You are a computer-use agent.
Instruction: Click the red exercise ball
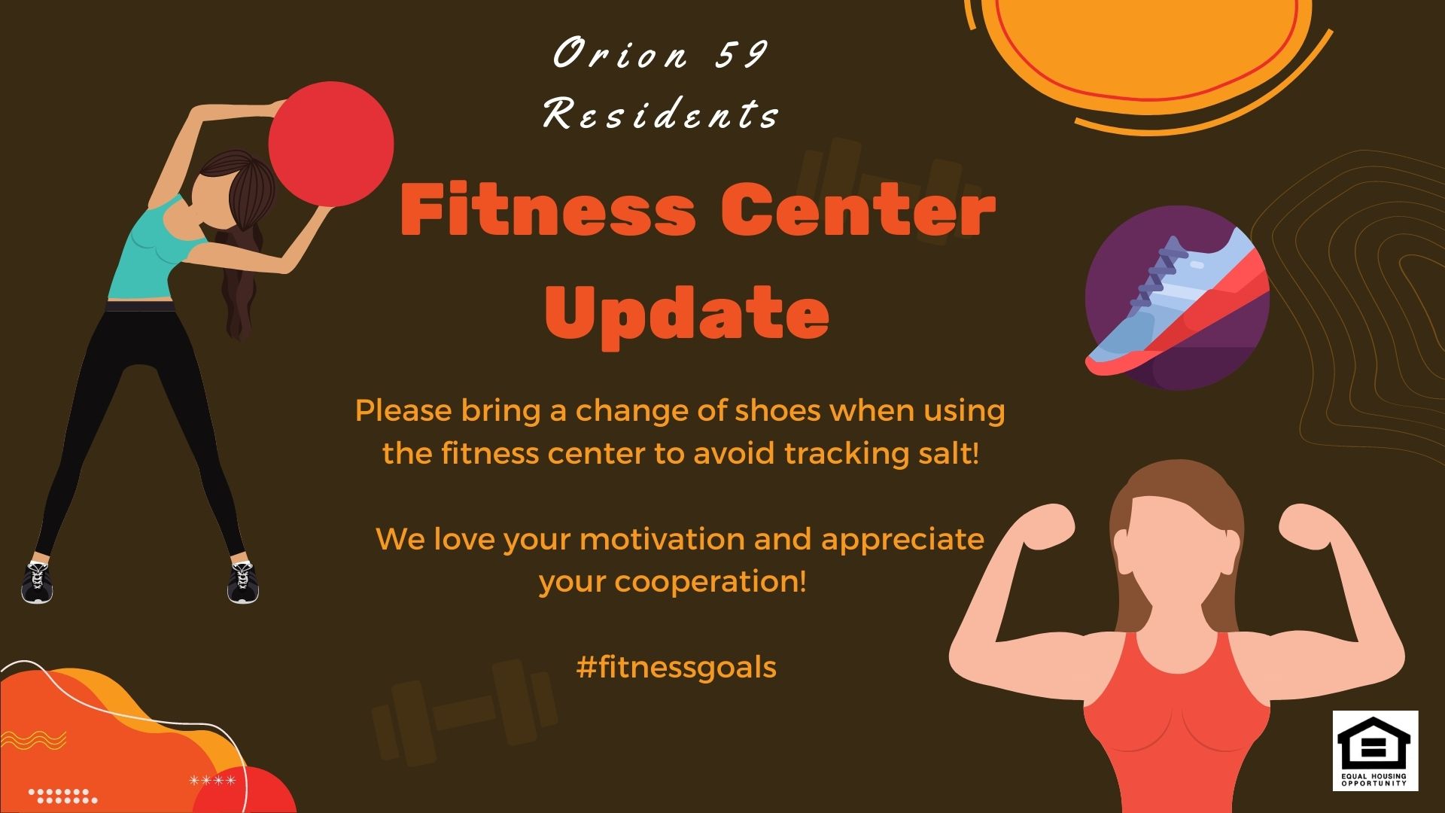pos(331,144)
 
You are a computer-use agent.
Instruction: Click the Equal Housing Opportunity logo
pos(1375,751)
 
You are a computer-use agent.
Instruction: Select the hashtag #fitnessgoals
pos(676,667)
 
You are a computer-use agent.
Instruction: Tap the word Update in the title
pos(686,314)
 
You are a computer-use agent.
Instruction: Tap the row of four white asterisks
pos(212,780)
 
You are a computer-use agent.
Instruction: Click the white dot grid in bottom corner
pos(63,796)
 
